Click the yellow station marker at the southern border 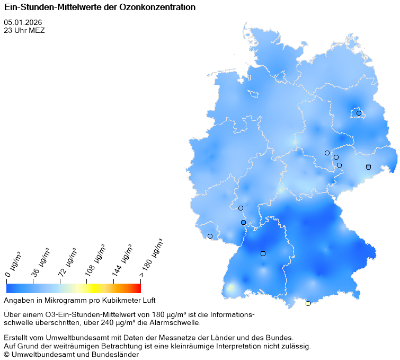pyautogui.click(x=308, y=303)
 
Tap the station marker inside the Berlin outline pyautogui.click(x=359, y=113)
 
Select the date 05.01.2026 pyautogui.click(x=23, y=22)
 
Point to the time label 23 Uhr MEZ pyautogui.click(x=24, y=30)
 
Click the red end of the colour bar pyautogui.click(x=138, y=288)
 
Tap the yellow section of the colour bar pyautogui.click(x=90, y=288)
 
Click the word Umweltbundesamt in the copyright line pyautogui.click(x=38, y=355)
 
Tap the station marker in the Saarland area pyautogui.click(x=210, y=236)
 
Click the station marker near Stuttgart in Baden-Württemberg pyautogui.click(x=263, y=253)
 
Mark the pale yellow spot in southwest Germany pyautogui.click(x=231, y=288)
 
